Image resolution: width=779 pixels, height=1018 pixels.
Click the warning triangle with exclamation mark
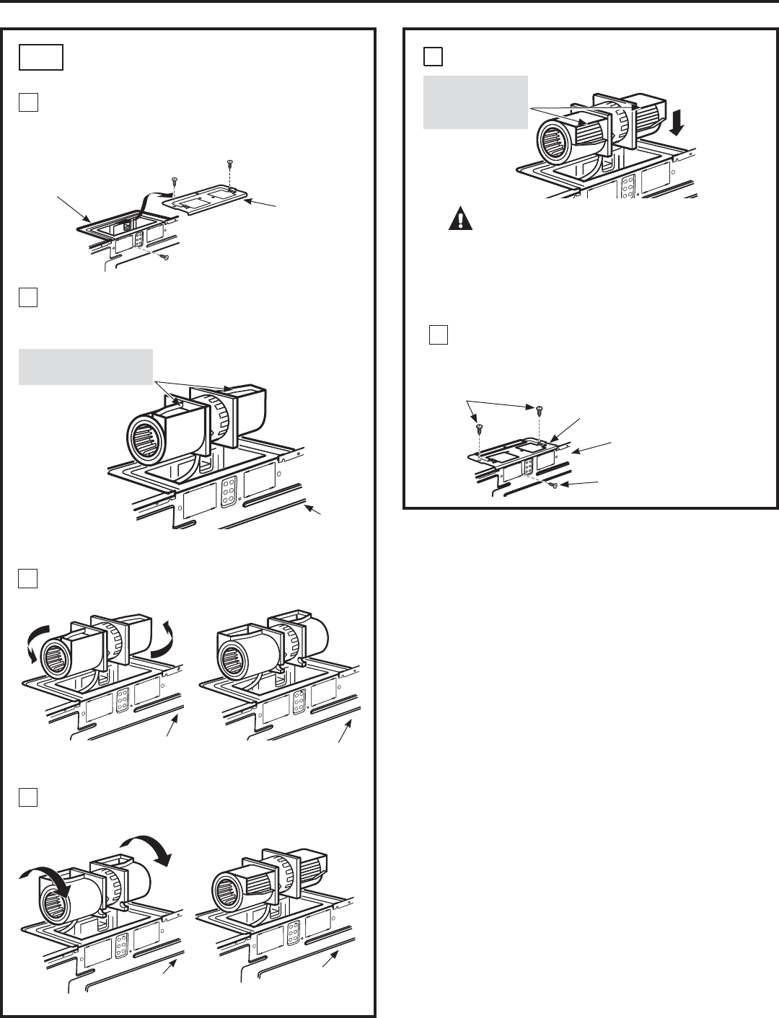point(460,218)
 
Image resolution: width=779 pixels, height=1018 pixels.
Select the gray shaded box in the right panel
point(475,102)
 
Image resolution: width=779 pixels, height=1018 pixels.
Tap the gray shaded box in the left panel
point(85,366)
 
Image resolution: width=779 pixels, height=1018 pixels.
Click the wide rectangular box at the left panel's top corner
point(42,57)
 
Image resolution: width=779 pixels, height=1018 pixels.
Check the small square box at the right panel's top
point(433,56)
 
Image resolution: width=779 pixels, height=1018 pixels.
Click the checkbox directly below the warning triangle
point(439,335)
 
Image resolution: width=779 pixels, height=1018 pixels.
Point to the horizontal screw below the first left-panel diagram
point(165,257)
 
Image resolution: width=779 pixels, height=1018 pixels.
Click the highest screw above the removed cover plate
point(229,161)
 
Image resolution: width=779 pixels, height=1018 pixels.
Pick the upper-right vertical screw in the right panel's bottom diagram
point(540,410)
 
